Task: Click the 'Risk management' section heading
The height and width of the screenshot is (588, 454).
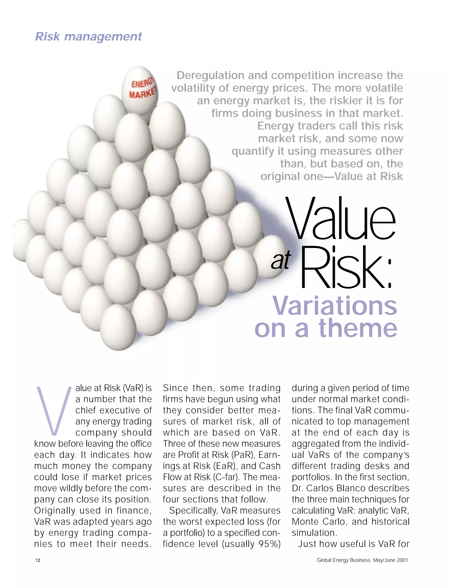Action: [88, 37]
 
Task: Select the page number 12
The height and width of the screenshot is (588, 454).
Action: [38, 560]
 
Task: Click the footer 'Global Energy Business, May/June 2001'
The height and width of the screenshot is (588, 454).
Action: [362, 560]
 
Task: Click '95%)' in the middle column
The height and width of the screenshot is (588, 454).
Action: [269, 544]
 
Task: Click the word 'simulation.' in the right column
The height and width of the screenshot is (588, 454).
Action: [314, 533]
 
